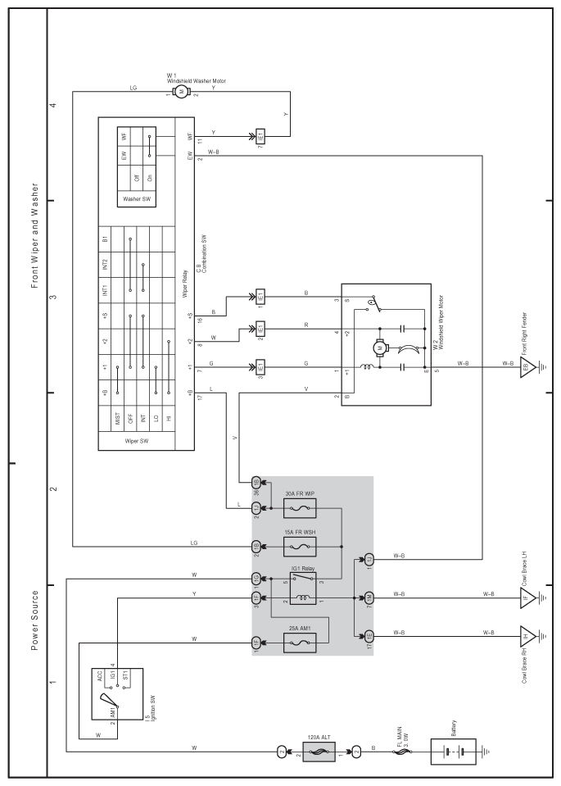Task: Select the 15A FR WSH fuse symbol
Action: point(300,547)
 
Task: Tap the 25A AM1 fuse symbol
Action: point(300,642)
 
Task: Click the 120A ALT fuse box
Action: point(318,752)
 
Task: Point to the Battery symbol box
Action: point(454,752)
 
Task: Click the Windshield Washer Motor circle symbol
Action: point(180,91)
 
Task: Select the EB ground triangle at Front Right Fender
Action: point(528,367)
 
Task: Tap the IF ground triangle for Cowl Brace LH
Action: point(528,597)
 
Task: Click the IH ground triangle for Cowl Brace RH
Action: point(528,636)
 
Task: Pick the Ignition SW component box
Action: point(117,693)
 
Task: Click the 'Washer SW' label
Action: point(136,199)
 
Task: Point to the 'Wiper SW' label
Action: point(136,441)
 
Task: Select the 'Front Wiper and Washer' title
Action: point(34,235)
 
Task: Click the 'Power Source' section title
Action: point(34,620)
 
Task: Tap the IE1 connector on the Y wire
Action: point(260,136)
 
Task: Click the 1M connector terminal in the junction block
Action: point(369,597)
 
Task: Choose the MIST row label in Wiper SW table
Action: point(118,419)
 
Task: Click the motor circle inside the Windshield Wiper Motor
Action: point(380,347)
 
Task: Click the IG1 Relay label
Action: point(303,570)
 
